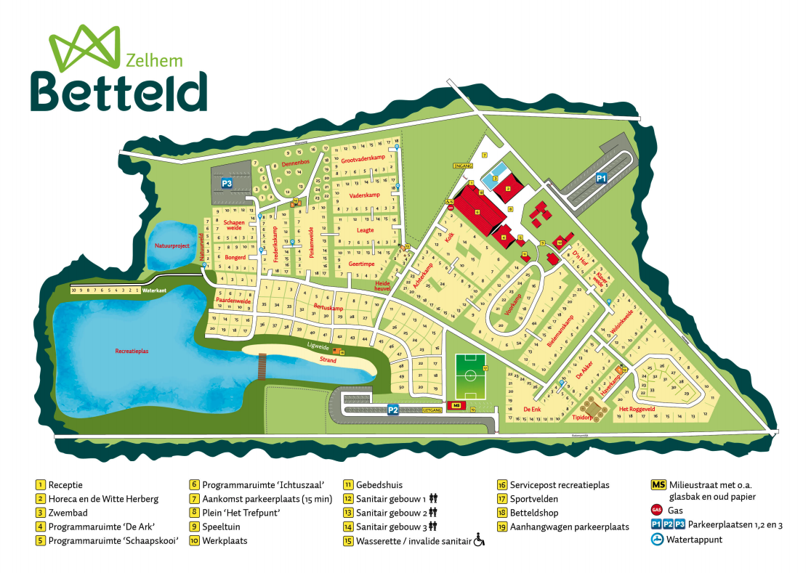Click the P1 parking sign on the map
tap(601, 177)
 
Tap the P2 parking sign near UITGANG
tap(393, 410)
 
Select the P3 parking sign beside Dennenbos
tap(227, 184)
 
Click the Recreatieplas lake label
tap(132, 351)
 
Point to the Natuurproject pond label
tap(172, 245)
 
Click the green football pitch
tap(471, 375)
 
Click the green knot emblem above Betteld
tap(84, 45)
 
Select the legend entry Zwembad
tap(63, 513)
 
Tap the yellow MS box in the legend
tap(658, 484)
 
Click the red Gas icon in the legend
tap(658, 511)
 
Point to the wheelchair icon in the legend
tap(479, 540)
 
